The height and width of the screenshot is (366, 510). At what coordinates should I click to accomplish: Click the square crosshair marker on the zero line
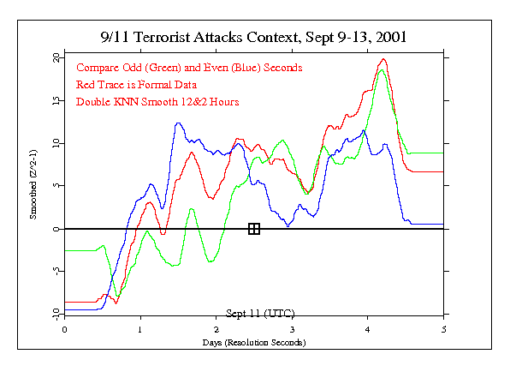(254, 229)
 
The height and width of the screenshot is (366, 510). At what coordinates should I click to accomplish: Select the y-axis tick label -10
(53, 314)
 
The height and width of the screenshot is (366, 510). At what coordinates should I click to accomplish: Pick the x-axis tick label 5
(443, 329)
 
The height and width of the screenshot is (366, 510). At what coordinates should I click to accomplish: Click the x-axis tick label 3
(292, 329)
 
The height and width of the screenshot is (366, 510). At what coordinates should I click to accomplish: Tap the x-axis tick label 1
(140, 329)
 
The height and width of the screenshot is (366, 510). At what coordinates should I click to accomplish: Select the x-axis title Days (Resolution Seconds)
(254, 342)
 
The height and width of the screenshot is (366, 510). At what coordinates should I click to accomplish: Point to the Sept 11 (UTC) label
(254, 312)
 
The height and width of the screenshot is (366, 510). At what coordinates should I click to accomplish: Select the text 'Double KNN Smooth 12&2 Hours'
(157, 101)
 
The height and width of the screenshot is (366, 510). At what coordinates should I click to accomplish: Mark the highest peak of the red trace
(383, 59)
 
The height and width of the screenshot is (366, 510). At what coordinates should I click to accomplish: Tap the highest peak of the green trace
(382, 70)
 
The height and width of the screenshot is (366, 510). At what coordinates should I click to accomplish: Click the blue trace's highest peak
(178, 123)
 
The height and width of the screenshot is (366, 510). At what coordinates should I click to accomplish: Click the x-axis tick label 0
(65, 329)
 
